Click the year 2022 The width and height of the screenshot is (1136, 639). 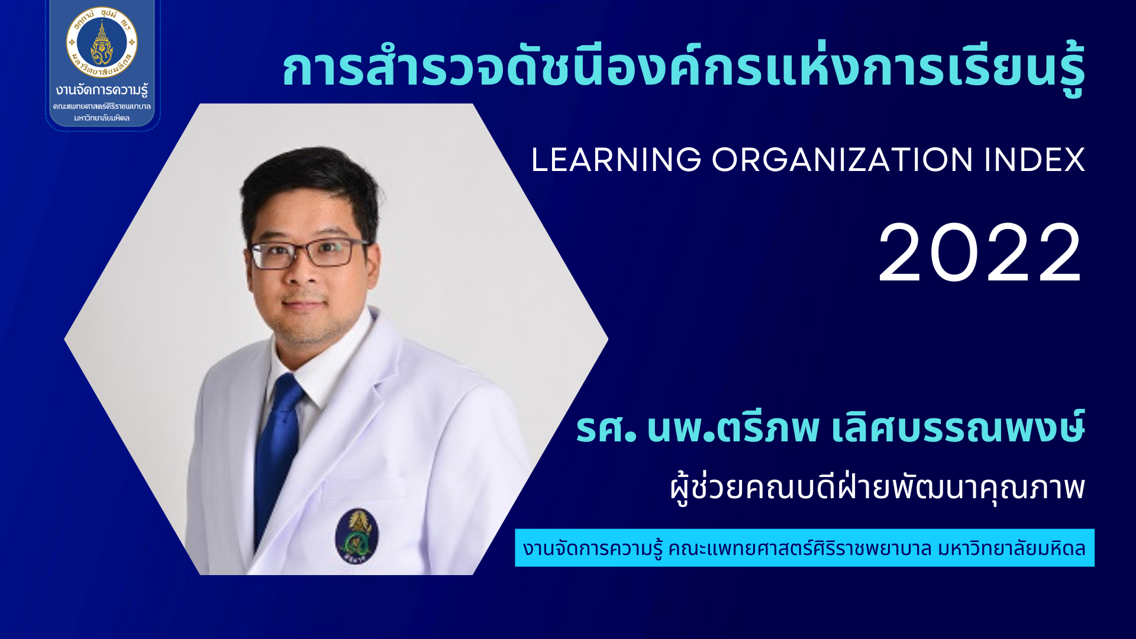[x=980, y=254]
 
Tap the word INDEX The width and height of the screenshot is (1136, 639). [x=1035, y=160]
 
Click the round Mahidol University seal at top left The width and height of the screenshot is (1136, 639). [x=102, y=43]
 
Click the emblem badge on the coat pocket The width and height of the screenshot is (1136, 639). [x=357, y=535]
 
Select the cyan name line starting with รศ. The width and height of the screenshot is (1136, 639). [x=831, y=427]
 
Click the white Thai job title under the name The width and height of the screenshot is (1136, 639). [x=878, y=488]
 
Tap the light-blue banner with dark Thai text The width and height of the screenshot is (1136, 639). [x=805, y=548]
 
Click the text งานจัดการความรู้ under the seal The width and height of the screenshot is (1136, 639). [x=102, y=91]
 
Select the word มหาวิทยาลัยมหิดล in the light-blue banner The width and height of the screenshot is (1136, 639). [x=1012, y=548]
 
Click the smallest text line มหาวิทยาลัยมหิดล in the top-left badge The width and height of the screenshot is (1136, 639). [x=102, y=118]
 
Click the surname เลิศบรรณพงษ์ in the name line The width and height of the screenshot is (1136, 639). [x=958, y=427]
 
